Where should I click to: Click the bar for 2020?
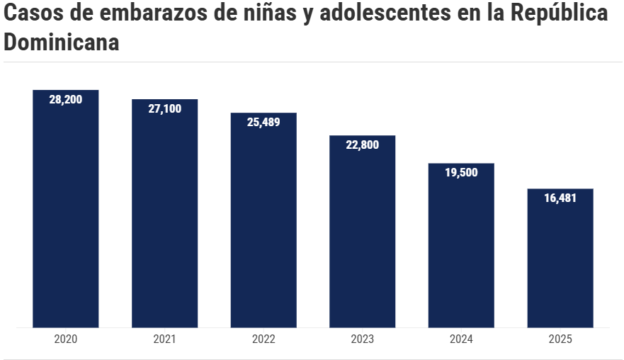[66, 208]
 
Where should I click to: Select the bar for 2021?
[165, 213]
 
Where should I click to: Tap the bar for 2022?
[263, 220]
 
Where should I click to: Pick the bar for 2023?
[363, 231]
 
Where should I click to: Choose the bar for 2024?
[461, 245]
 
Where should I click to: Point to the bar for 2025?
[560, 258]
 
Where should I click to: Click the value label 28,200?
[66, 99]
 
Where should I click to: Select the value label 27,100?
[165, 108]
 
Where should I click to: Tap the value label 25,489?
[263, 123]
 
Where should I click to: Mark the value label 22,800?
[363, 145]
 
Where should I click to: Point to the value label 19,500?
[461, 172]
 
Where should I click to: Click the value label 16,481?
[560, 198]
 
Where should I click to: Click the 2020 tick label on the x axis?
[66, 339]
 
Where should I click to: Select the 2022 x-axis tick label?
[263, 339]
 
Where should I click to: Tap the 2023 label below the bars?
[363, 339]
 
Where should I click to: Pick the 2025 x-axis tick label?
[560, 339]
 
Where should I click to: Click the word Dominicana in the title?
[62, 43]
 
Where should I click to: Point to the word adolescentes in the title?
[385, 13]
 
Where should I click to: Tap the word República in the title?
[559, 13]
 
